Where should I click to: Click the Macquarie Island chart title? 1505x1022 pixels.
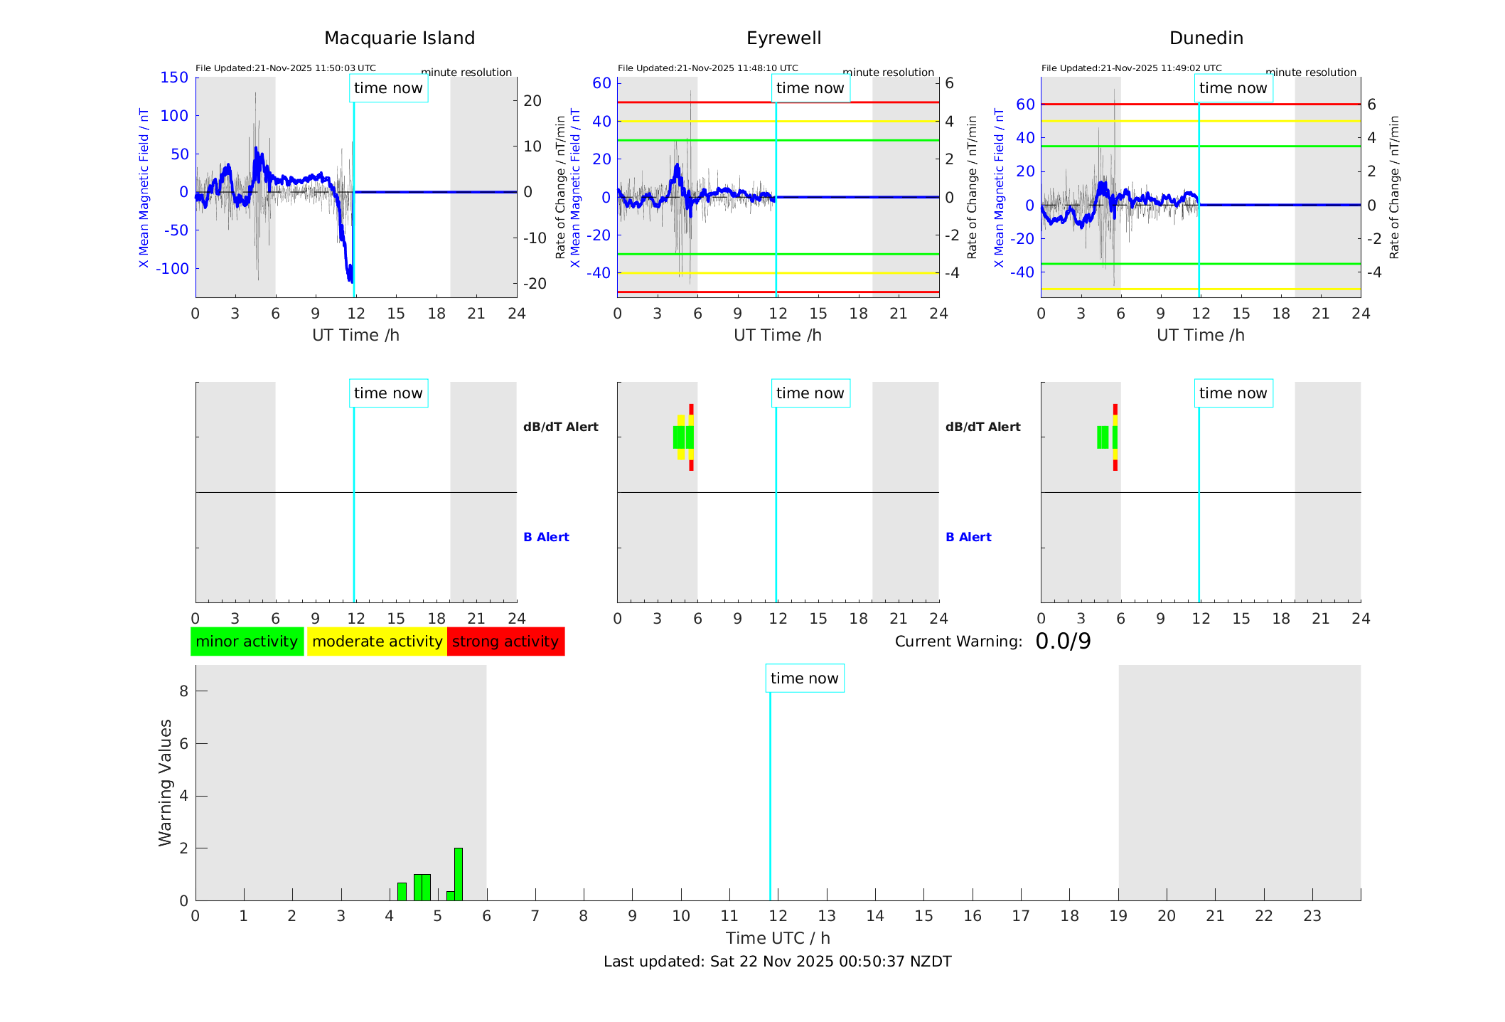pyautogui.click(x=399, y=38)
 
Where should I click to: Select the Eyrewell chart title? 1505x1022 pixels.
pyautogui.click(x=783, y=38)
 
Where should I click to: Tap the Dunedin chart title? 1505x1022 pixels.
pyautogui.click(x=1206, y=38)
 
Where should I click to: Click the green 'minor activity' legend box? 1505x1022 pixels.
pyautogui.click(x=247, y=642)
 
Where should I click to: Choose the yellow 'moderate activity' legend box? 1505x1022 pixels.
pyautogui.click(x=377, y=642)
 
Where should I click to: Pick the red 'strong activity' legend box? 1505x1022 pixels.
pyautogui.click(x=505, y=642)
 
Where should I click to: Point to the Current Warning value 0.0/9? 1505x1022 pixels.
pyautogui.click(x=1063, y=642)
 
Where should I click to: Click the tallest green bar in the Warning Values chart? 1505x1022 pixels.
pyautogui.click(x=459, y=874)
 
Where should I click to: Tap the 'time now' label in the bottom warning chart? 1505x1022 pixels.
pyautogui.click(x=804, y=678)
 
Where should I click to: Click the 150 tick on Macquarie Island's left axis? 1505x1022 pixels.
pyautogui.click(x=174, y=78)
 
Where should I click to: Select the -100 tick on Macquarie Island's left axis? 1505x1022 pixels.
pyautogui.click(x=172, y=269)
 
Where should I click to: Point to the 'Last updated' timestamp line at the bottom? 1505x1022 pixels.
pyautogui.click(x=777, y=962)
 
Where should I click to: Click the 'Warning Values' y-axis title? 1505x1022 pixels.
pyautogui.click(x=165, y=782)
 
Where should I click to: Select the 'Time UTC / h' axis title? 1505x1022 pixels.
pyautogui.click(x=777, y=938)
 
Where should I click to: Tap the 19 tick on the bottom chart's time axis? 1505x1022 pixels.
pyautogui.click(x=1118, y=916)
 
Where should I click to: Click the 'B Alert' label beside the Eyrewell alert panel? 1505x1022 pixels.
pyautogui.click(x=968, y=537)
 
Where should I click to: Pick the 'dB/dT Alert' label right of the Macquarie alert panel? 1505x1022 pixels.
pyautogui.click(x=560, y=427)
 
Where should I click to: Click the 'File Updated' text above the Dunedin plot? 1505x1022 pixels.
pyautogui.click(x=1131, y=68)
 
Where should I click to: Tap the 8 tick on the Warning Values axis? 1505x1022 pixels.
pyautogui.click(x=184, y=691)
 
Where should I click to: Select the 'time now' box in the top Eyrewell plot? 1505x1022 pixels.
pyautogui.click(x=810, y=88)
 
